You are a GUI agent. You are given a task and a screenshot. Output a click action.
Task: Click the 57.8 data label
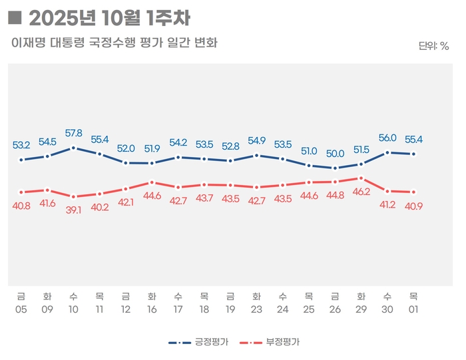pos(73,133)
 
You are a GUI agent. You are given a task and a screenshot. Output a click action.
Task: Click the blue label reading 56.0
pos(387,138)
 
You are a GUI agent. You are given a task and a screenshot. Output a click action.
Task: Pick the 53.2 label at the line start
pos(21,145)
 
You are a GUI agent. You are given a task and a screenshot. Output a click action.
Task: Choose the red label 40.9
pos(413,206)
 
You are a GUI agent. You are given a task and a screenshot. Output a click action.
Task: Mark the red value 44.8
pos(335,195)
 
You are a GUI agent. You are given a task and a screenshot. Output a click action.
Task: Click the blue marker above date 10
pos(73,148)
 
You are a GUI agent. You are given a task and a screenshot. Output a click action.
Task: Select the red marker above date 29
pos(361,178)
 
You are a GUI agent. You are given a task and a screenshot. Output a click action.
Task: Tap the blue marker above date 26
pos(335,168)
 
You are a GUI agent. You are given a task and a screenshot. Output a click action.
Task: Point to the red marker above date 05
pos(21,192)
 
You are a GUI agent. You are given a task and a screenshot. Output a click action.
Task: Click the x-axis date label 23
pos(256,309)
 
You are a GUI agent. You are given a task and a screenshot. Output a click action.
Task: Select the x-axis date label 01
pos(413,309)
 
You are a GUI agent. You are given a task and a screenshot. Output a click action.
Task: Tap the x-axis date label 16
pos(152,309)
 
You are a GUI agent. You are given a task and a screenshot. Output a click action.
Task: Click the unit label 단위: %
pos(434,46)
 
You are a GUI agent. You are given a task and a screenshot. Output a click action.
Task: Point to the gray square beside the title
pos(17,18)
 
